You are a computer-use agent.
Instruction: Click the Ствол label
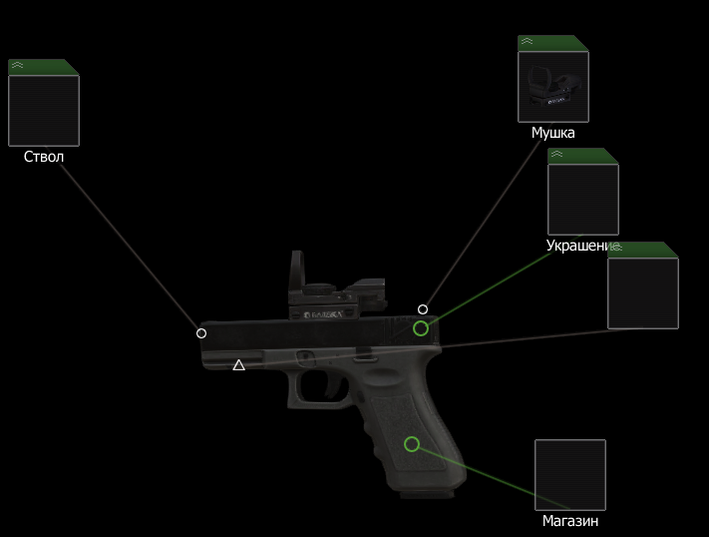(x=44, y=157)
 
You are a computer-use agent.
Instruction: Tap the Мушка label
(x=552, y=133)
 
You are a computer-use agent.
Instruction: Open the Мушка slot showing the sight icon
(x=553, y=86)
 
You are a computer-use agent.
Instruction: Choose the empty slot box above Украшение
(x=583, y=198)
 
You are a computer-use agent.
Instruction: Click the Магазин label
(x=570, y=520)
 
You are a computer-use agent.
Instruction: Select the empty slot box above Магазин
(x=570, y=474)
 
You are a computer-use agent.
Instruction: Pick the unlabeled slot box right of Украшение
(x=643, y=292)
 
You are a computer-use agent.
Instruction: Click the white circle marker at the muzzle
(x=201, y=333)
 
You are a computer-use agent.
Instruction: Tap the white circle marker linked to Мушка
(x=423, y=309)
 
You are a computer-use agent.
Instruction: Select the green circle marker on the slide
(x=421, y=328)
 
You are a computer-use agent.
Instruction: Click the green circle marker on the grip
(x=412, y=444)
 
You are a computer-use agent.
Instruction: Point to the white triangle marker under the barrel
(x=239, y=365)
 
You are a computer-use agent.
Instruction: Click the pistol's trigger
(x=325, y=383)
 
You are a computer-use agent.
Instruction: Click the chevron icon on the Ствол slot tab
(x=17, y=67)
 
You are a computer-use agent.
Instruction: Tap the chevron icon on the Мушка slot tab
(x=527, y=43)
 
